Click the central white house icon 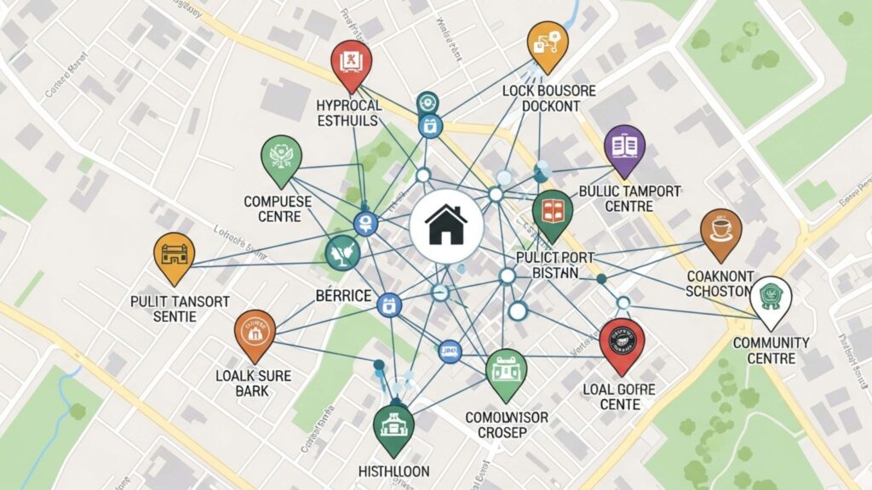point(446,225)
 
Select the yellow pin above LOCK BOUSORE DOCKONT point(547,43)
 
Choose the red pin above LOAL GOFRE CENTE point(622,343)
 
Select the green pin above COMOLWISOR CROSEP point(506,371)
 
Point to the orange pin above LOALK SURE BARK point(255,332)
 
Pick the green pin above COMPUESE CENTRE point(282,157)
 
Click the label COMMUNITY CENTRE point(770,350)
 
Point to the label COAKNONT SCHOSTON point(720,283)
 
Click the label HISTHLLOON point(393,470)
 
